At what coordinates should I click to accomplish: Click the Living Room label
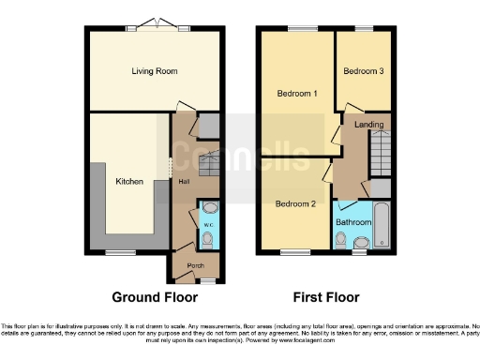click(x=155, y=70)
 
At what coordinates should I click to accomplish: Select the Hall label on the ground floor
click(x=184, y=182)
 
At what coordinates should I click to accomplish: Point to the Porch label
click(x=196, y=265)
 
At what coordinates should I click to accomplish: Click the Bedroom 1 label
click(x=296, y=94)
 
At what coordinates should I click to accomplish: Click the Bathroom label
click(x=353, y=222)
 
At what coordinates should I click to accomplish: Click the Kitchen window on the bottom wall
click(x=119, y=251)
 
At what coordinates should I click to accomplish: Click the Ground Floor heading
click(x=155, y=298)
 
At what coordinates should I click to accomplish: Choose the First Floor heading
click(x=326, y=298)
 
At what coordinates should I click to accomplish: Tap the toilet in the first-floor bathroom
click(x=340, y=241)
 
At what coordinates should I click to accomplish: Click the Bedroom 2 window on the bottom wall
click(x=295, y=251)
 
